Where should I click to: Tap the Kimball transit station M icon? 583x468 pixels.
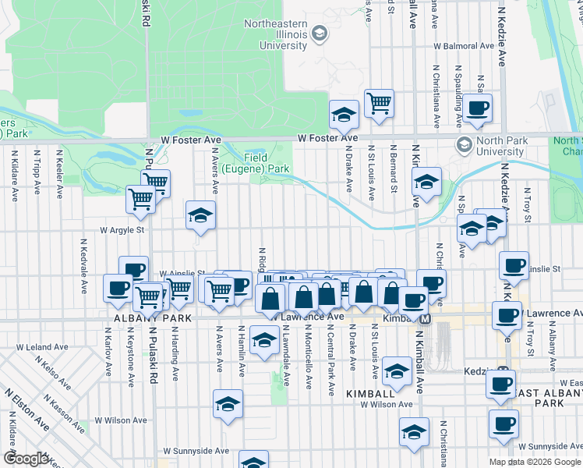pos(426,320)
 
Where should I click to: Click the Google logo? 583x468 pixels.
pos(26,459)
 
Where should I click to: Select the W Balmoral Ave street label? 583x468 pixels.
pos(465,46)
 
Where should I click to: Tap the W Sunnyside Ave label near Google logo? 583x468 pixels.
pos(196,451)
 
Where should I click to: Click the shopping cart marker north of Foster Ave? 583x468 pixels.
pos(379,102)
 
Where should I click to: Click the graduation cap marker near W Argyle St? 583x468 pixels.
pos(200,215)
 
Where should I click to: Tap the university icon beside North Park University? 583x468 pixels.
pos(465,145)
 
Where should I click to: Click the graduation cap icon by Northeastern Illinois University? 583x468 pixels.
pos(319,34)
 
